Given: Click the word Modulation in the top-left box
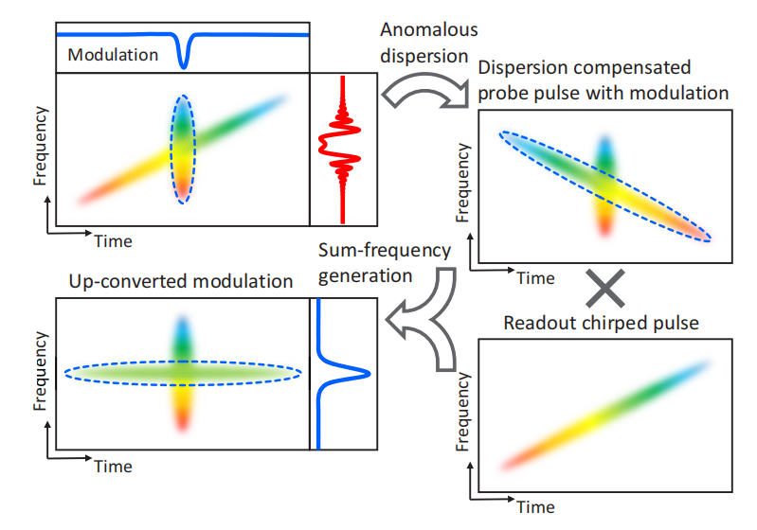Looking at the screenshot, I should pos(113,55).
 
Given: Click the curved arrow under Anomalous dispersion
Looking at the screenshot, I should pos(422,92).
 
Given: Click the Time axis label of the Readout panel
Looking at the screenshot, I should pos(536,506).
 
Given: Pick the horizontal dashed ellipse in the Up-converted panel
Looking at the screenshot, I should pos(183,373).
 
